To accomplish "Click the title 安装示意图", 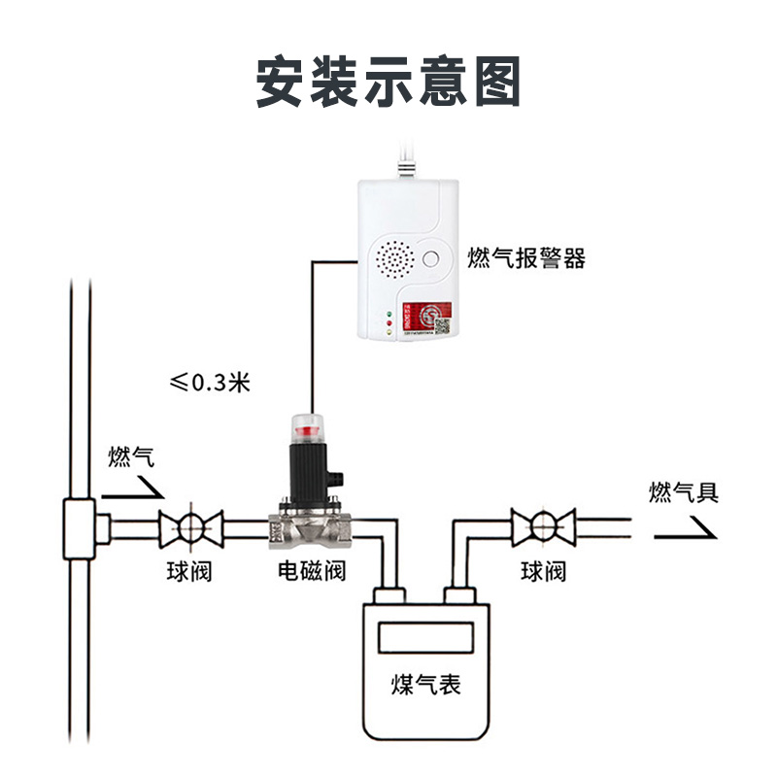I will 388,81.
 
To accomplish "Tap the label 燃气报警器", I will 526,258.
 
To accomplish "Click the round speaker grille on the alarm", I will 394,260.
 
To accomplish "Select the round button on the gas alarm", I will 432,259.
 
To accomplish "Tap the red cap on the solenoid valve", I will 308,425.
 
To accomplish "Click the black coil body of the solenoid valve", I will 308,467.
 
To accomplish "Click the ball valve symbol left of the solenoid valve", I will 190,527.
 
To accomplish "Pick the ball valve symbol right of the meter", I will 544,527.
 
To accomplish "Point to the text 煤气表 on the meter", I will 426,686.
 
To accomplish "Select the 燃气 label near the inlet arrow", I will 131,456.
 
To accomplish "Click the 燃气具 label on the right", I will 684,492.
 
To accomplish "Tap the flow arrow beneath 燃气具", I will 684,526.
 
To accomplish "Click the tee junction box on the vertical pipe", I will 77,528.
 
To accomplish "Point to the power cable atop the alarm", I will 407,160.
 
